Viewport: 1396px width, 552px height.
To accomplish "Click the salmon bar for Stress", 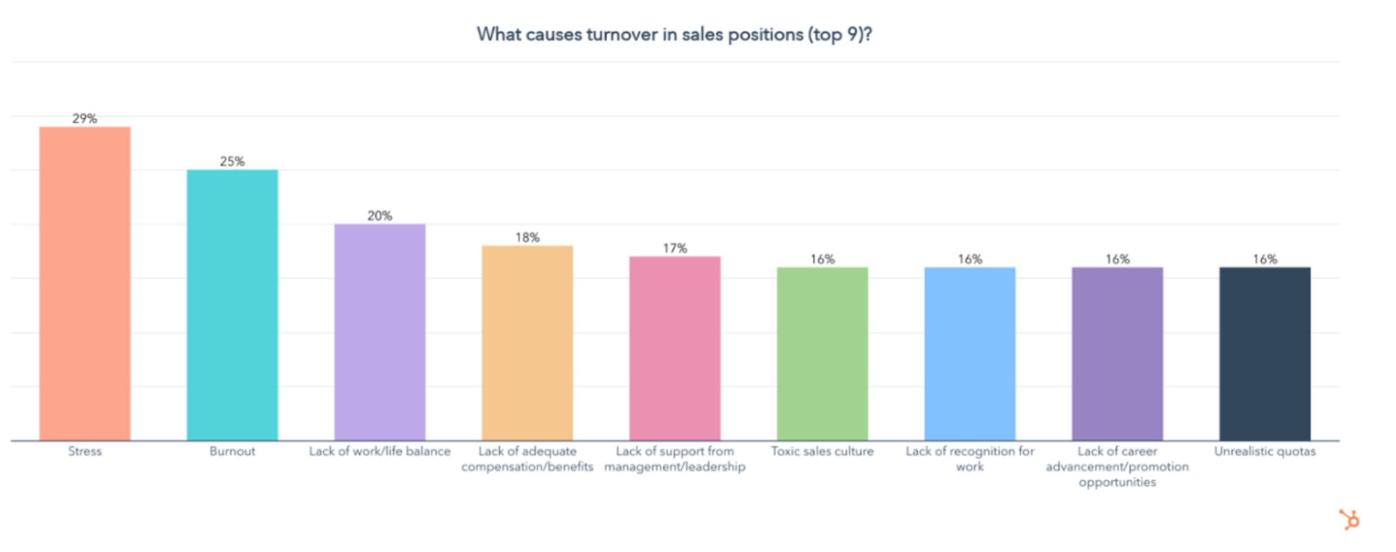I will (84, 284).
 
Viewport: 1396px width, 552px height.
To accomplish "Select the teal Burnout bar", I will (232, 305).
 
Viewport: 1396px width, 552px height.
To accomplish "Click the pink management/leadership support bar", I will (675, 348).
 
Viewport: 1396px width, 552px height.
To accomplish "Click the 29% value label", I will (84, 118).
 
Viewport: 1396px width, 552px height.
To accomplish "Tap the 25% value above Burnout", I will (232, 161).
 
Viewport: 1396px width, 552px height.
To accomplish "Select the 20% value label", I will (380, 216).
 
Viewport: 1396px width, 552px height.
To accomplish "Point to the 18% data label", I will (527, 238).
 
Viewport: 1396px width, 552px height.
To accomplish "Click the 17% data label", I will (675, 248).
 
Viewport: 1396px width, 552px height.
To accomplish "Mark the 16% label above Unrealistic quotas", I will (1265, 259).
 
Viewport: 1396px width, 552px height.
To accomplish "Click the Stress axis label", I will (84, 451).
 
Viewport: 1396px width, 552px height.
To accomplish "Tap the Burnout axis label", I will (232, 451).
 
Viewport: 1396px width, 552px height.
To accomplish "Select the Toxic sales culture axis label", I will (823, 451).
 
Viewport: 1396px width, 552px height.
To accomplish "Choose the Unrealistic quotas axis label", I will (1265, 451).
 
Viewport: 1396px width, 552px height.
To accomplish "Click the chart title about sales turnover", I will (674, 34).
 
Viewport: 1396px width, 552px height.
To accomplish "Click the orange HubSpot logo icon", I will (1349, 520).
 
